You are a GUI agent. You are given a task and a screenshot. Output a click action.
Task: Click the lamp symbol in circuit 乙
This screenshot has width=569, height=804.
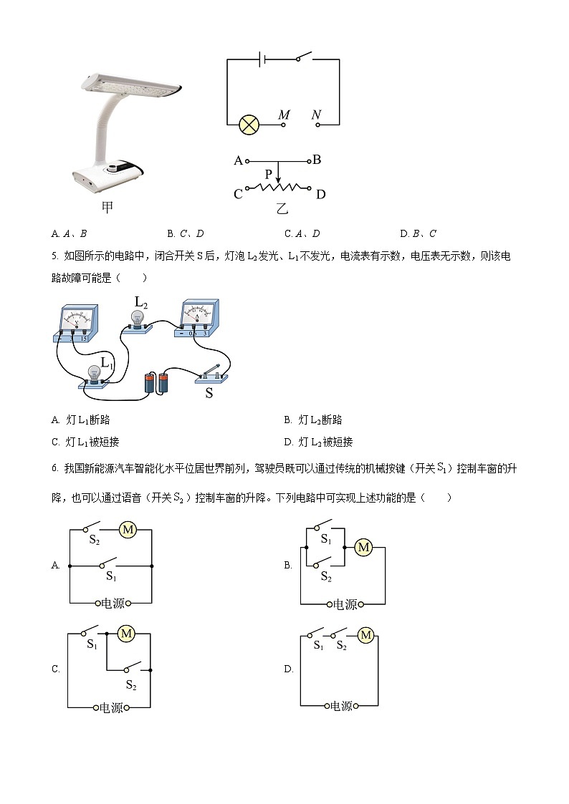[x=249, y=125]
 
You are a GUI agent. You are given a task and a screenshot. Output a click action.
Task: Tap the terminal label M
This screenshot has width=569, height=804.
[x=284, y=115]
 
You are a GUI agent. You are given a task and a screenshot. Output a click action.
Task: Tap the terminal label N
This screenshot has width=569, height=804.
[x=316, y=115]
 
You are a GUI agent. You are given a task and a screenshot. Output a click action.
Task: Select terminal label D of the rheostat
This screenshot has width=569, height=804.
[x=320, y=194]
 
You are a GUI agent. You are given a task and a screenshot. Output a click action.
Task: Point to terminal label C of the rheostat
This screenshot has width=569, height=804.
[x=239, y=194]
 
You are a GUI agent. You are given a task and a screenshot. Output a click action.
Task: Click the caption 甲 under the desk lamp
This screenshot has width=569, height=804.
[x=107, y=208]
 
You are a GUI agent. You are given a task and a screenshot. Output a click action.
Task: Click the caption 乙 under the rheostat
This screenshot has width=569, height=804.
[x=282, y=209]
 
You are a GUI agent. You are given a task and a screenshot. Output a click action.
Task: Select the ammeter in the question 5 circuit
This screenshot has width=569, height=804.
[x=197, y=319]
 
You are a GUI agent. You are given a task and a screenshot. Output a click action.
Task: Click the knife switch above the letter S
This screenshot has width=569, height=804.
[x=213, y=375]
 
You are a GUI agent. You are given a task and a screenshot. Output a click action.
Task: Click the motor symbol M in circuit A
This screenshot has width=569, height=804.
[x=128, y=530]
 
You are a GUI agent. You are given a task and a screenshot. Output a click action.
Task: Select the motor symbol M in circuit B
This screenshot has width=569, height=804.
[x=363, y=548]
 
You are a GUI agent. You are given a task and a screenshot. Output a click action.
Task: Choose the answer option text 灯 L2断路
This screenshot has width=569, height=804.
[x=320, y=420]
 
